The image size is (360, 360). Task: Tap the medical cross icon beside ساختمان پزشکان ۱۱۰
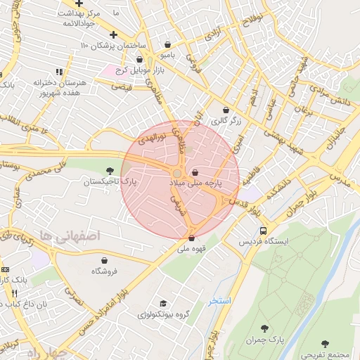(113, 34)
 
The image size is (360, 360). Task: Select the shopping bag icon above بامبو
(167, 44)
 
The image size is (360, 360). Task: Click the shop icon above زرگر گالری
(226, 110)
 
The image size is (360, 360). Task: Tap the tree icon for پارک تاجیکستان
(110, 170)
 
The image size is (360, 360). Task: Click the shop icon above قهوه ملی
(191, 238)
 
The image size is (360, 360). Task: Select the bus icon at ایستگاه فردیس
(263, 230)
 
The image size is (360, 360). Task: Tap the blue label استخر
(219, 300)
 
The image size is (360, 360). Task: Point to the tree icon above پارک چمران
(264, 328)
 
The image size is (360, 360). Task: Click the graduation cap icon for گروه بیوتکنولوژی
(163, 303)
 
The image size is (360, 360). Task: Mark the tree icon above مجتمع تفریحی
(325, 344)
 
